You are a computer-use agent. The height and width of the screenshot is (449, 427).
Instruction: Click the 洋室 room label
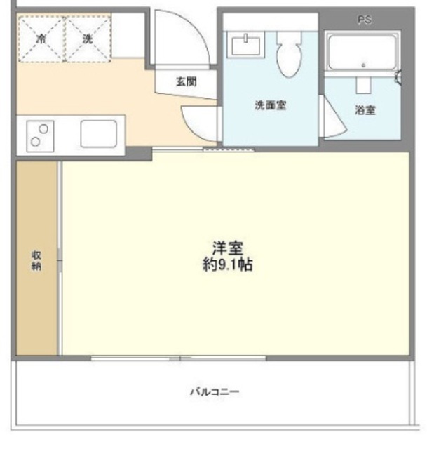pos(228,248)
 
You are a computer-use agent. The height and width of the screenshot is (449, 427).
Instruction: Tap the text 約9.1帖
pos(228,265)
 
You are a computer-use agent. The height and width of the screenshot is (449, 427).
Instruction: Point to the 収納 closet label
pos(36,261)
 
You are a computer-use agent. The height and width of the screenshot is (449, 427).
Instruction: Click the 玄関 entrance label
pos(186,81)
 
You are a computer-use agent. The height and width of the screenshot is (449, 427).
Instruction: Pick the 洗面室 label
pos(270,106)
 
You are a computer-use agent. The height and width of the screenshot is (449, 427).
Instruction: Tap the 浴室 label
pos(365,109)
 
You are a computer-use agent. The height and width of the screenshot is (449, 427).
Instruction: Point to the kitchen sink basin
pos(97,133)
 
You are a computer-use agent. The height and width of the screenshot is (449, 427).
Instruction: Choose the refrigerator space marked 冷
pos(41,39)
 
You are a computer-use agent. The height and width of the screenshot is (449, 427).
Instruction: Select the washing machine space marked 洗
pos(88,39)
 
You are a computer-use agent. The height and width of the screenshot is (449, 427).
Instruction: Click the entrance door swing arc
pos(184,39)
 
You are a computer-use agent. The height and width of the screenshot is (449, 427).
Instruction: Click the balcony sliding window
pos(179,358)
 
